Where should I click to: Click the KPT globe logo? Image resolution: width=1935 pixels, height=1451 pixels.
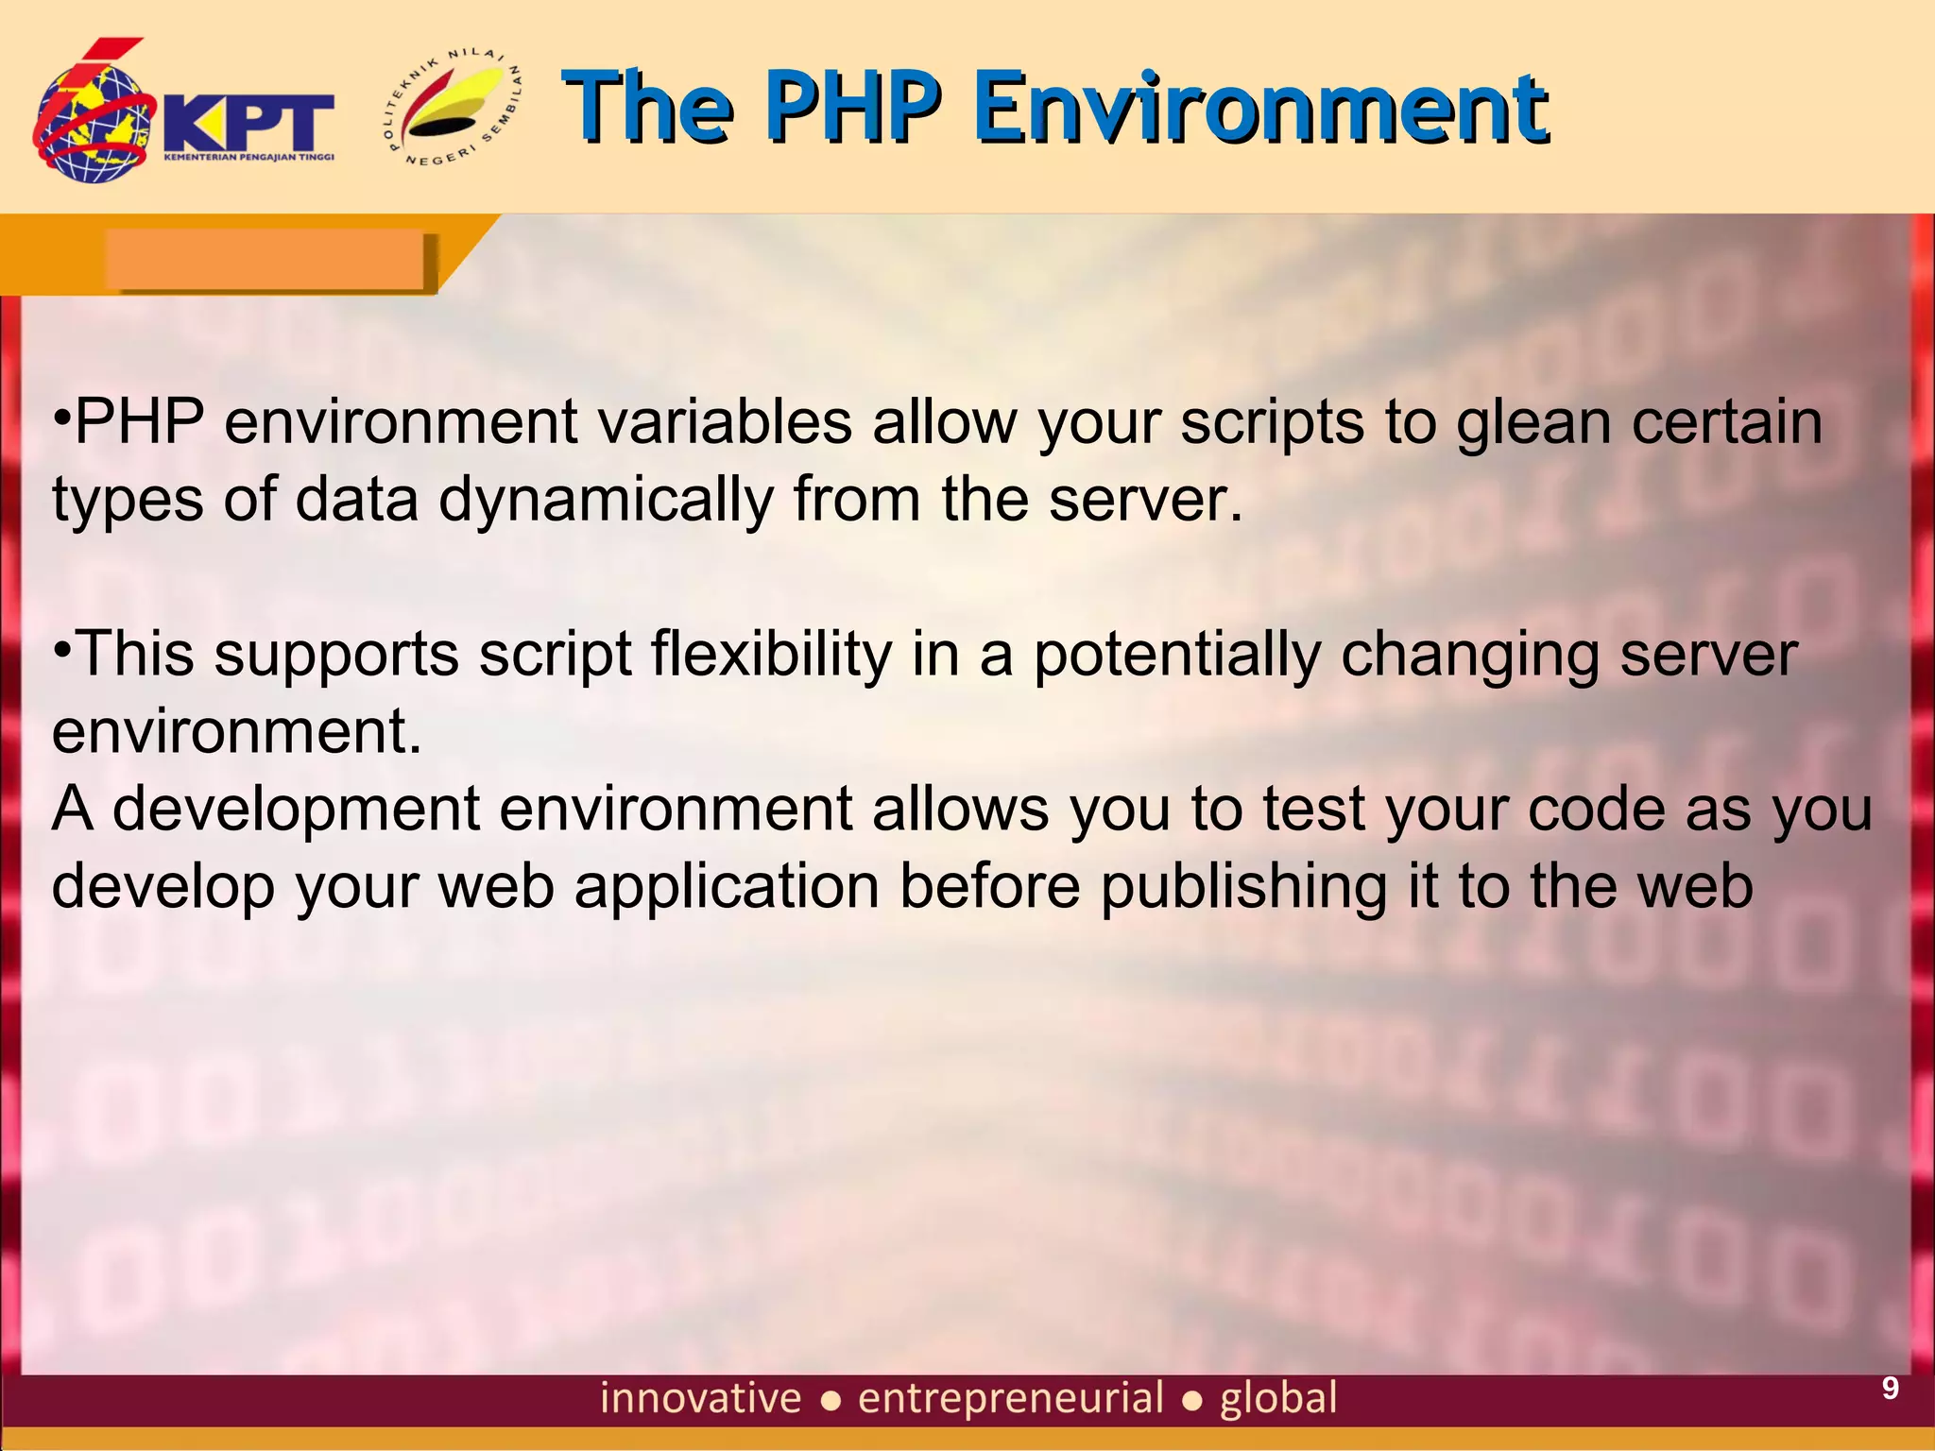pyautogui.click(x=94, y=118)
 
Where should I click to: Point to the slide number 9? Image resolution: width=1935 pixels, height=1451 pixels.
pyautogui.click(x=1890, y=1388)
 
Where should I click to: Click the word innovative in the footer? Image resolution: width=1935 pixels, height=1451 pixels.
pyautogui.click(x=700, y=1398)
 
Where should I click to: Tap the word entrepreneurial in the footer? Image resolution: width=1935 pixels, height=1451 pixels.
pyautogui.click(x=1010, y=1398)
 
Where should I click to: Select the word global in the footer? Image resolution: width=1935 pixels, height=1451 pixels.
pyautogui.click(x=1278, y=1398)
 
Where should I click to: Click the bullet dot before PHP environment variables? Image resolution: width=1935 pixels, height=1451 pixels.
pyautogui.click(x=61, y=416)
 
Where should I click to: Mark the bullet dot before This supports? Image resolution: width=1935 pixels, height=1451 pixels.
pyautogui.click(x=61, y=648)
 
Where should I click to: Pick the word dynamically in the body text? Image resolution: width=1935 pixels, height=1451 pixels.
pyautogui.click(x=606, y=500)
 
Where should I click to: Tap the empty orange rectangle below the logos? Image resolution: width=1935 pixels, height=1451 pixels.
pyautogui.click(x=265, y=260)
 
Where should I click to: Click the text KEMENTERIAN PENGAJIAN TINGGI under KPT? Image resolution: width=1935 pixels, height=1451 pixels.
pyautogui.click(x=248, y=157)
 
